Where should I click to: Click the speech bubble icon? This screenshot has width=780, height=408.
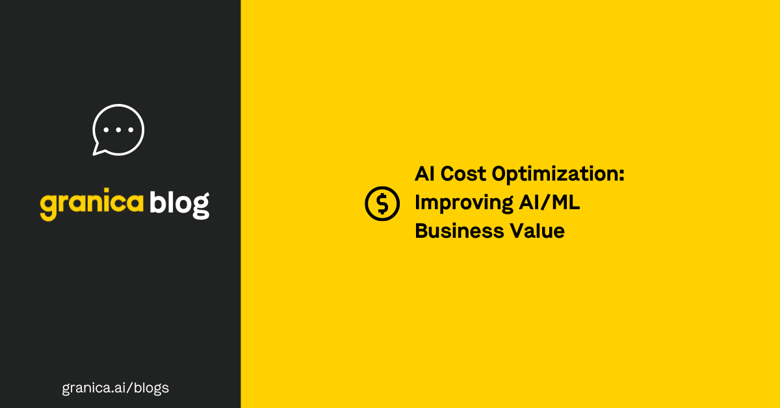(118, 129)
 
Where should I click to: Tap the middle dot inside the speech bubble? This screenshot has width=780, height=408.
(118, 129)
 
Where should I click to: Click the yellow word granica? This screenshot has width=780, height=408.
(92, 205)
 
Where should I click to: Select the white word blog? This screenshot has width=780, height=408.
(179, 203)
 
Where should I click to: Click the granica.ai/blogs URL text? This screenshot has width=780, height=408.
(115, 388)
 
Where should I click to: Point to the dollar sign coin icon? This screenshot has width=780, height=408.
(382, 203)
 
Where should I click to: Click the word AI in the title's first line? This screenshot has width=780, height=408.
(425, 175)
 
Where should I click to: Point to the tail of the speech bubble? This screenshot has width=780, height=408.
(98, 150)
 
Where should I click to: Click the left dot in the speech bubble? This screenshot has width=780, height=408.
(107, 129)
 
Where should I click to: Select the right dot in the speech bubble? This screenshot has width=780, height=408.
(129, 129)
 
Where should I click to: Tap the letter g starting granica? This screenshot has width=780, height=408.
(47, 207)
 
